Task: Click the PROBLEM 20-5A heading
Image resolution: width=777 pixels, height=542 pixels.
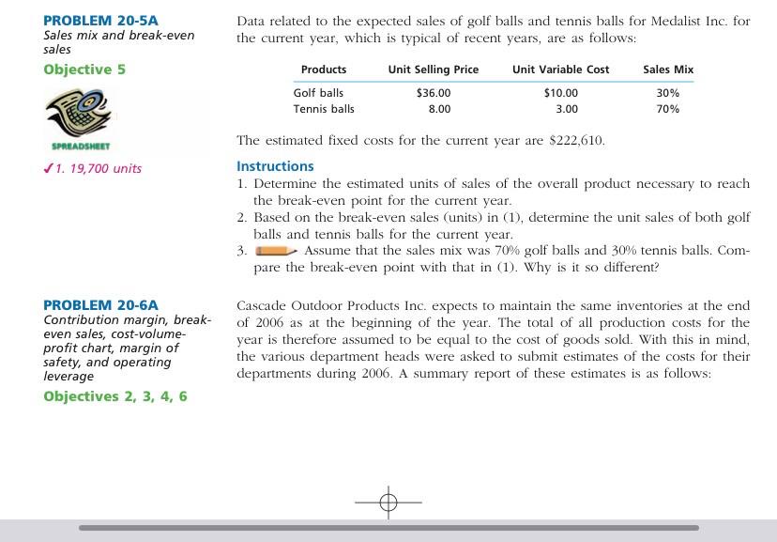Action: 101,21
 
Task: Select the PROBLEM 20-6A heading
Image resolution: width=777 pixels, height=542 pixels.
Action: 101,304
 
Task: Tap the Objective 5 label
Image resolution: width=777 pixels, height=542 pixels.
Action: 84,70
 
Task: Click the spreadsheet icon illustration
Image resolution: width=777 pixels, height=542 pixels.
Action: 82,112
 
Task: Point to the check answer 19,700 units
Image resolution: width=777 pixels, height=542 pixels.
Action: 98,168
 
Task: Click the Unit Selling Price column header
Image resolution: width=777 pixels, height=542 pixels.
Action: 433,70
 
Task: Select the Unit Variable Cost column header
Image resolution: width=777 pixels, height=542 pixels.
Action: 560,70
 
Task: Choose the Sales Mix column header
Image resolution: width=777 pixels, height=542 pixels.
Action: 668,70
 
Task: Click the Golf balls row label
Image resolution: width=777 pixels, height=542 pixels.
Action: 318,93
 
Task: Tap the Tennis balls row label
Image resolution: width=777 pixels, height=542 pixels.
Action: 324,109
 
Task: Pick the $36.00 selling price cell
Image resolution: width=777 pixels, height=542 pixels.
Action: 433,93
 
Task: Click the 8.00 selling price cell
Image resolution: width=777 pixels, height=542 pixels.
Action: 439,109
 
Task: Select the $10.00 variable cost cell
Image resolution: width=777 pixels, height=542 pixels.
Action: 560,93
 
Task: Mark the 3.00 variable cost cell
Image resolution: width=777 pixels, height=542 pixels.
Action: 566,109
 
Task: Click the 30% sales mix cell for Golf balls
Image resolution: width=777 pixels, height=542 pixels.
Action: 668,93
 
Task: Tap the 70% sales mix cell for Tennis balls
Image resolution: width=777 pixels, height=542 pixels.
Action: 668,109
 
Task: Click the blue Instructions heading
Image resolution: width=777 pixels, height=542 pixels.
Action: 275,166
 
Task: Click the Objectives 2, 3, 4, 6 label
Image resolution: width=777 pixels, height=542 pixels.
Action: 115,396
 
